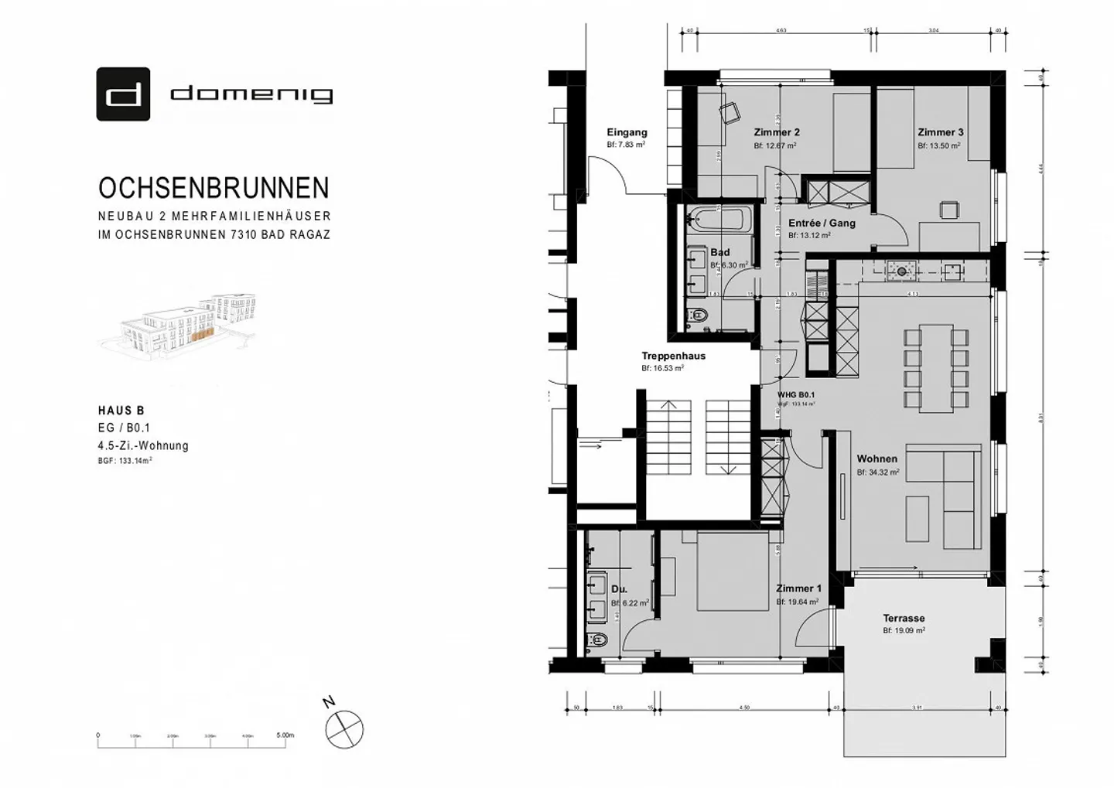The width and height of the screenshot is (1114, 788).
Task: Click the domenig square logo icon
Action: pyautogui.click(x=123, y=94)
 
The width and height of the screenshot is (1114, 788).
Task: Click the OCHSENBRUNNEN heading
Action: pyautogui.click(x=214, y=189)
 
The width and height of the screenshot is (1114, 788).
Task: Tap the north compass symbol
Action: pyautogui.click(x=344, y=728)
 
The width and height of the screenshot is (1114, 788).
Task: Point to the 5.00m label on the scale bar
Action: pyautogui.click(x=285, y=735)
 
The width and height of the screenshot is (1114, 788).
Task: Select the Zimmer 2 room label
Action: pyautogui.click(x=776, y=132)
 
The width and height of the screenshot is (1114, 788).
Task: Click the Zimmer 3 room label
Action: pyautogui.click(x=940, y=132)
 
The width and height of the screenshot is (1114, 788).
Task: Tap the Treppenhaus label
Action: pyautogui.click(x=673, y=356)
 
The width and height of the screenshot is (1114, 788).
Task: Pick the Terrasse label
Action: pyautogui.click(x=904, y=619)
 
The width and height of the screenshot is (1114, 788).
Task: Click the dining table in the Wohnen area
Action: pyautogui.click(x=936, y=368)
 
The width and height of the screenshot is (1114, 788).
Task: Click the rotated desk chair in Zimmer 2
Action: pyautogui.click(x=730, y=113)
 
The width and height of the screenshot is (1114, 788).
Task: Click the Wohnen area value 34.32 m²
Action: pyautogui.click(x=877, y=472)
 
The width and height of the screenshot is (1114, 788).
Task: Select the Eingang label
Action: pyautogui.click(x=627, y=132)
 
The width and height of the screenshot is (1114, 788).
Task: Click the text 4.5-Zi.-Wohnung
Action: pyautogui.click(x=143, y=445)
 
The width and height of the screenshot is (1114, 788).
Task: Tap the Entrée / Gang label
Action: pyautogui.click(x=822, y=223)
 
